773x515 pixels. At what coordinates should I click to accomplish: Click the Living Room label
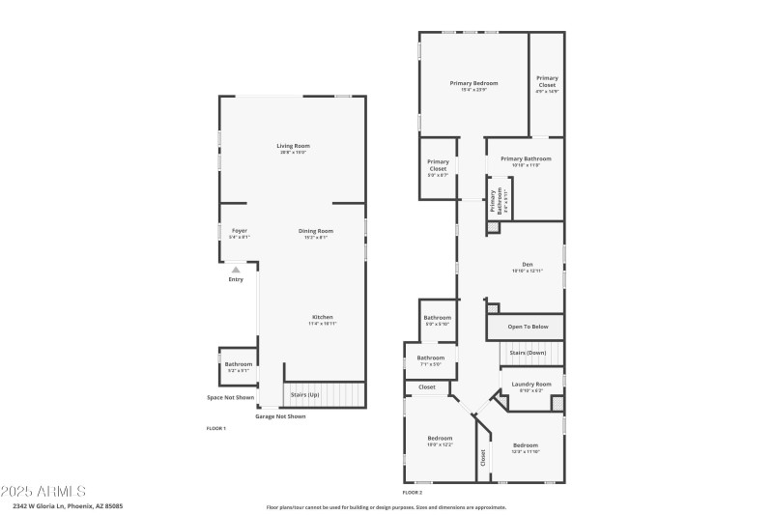pos(294,148)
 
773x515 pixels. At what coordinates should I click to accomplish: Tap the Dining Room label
pos(315,233)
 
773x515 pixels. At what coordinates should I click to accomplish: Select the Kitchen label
pos(322,320)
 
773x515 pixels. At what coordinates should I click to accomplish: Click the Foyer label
pos(239,233)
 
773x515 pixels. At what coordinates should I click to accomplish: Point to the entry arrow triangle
pos(236,270)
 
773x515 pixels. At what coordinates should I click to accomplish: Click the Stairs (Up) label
pos(305,395)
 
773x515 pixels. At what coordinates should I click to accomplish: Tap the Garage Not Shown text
pos(280,416)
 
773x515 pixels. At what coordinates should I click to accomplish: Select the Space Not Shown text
pos(231,397)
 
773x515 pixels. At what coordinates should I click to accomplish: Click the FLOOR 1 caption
pos(215,428)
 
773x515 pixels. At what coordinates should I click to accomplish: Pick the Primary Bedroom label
pos(473,86)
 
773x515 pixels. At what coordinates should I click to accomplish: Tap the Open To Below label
pos(528,327)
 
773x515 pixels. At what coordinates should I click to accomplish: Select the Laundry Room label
pos(531,386)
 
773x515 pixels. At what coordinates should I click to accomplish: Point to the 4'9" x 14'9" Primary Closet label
pos(547,84)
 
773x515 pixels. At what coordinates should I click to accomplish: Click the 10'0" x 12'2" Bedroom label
pos(440,441)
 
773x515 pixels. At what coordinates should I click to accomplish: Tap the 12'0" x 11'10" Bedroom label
pos(526,447)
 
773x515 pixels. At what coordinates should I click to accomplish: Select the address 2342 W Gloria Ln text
pos(68,505)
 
